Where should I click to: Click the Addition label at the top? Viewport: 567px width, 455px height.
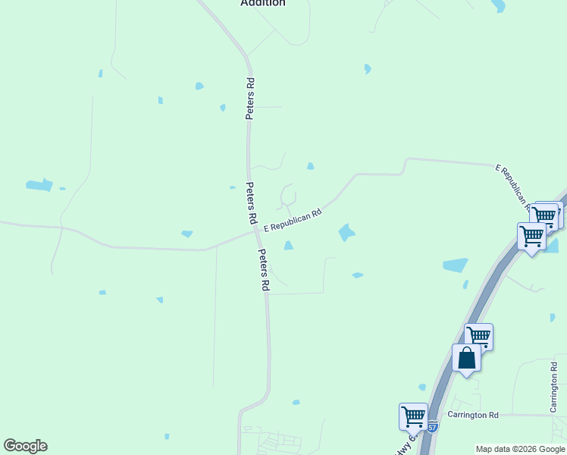(x=263, y=3)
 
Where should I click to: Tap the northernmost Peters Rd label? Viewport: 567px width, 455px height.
(x=249, y=98)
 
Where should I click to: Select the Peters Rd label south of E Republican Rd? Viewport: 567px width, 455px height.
(x=264, y=271)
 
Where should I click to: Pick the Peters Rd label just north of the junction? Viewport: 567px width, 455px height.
(x=251, y=202)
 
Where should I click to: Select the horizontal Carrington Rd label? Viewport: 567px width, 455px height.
(x=473, y=415)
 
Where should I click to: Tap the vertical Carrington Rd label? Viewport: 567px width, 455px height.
(x=553, y=388)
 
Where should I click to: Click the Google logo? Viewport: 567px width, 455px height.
(x=25, y=446)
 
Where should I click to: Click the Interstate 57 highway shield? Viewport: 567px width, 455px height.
(x=432, y=427)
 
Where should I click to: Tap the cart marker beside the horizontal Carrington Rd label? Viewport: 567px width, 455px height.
(x=413, y=416)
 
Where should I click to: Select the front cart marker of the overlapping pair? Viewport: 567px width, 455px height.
(x=531, y=237)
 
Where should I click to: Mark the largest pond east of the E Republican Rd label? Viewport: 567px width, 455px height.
(x=346, y=232)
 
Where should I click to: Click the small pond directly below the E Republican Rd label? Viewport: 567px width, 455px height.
(x=288, y=245)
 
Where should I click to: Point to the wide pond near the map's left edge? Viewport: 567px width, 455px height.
(x=39, y=185)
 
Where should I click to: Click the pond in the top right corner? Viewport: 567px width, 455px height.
(x=498, y=6)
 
